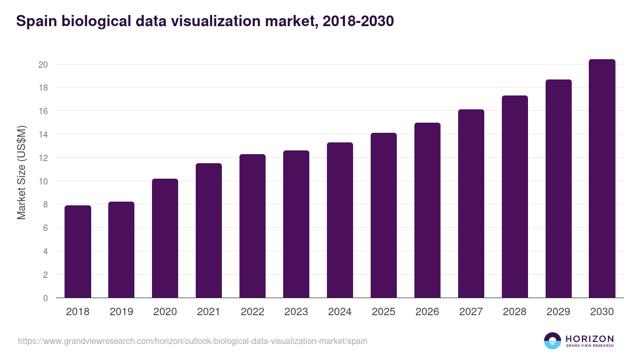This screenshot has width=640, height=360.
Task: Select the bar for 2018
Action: pos(78,252)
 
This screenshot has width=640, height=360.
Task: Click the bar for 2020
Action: pos(165,238)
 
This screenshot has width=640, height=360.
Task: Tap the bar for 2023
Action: pos(296,224)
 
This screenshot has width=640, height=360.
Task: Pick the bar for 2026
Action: pos(427,210)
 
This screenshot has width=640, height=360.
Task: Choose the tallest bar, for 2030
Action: pos(602,179)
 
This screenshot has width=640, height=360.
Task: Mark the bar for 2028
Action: pos(515,197)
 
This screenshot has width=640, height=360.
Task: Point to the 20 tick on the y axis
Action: pos(43,65)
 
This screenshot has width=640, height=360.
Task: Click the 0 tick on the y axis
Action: pos(46,298)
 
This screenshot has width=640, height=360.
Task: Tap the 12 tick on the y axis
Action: pos(43,158)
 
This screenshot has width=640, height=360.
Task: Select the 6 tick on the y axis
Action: pos(46,228)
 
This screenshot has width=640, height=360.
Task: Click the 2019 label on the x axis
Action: pos(122,312)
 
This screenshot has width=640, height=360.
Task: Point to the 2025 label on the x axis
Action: pos(383,312)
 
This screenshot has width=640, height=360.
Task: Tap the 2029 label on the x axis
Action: pos(558,312)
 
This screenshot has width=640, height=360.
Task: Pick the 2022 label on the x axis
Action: pos(252,312)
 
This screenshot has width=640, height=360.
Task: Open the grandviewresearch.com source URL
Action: pos(193,341)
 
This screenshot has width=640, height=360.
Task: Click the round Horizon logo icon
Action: pos(553,341)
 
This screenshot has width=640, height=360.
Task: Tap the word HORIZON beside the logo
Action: pos(589,338)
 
